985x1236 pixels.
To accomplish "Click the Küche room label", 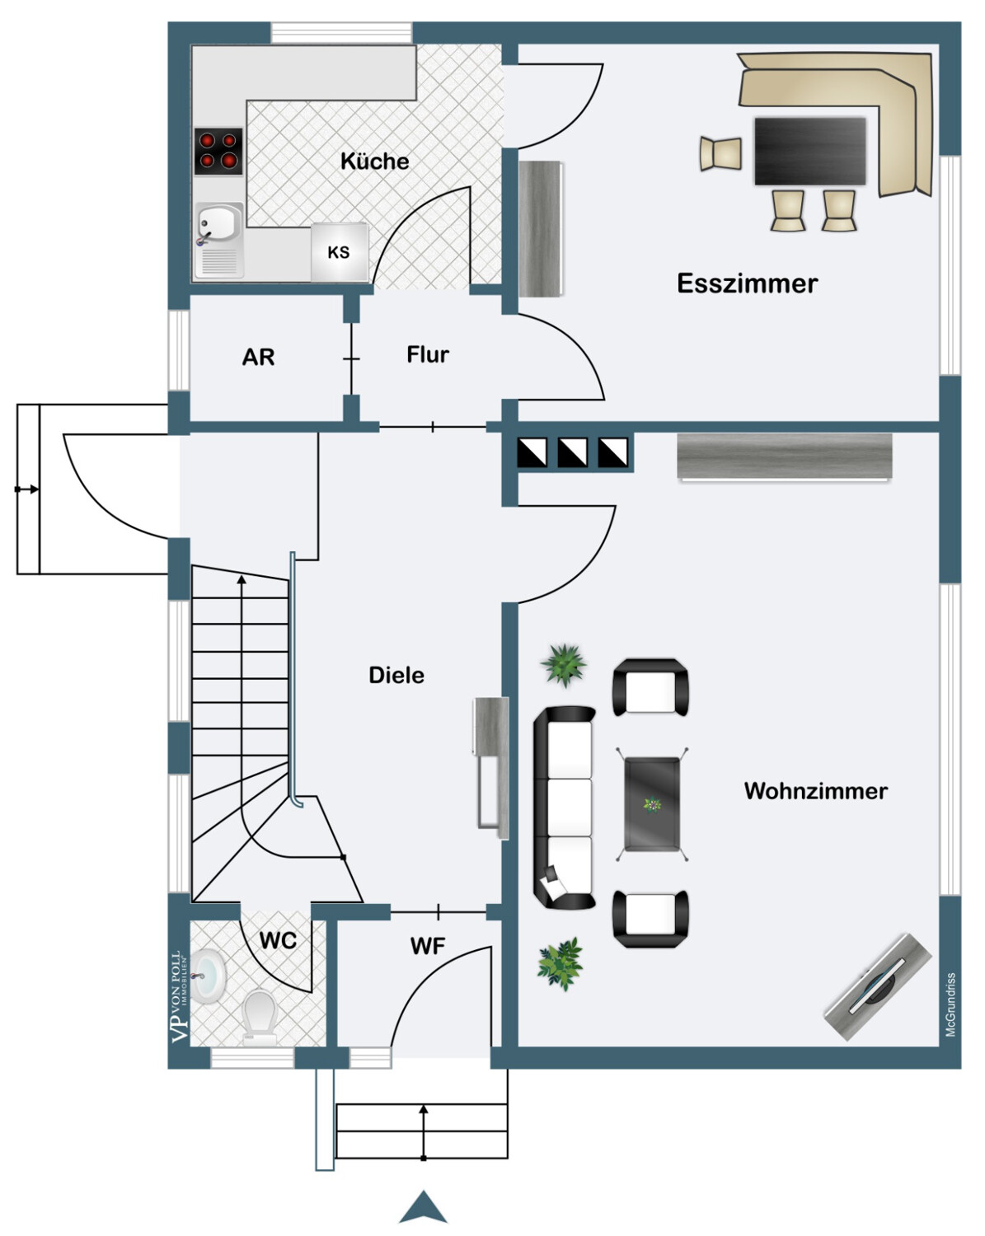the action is (375, 161).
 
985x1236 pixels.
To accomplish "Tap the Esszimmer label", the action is (747, 283).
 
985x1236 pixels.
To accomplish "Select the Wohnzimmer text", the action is (815, 791).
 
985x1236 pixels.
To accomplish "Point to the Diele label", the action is (396, 675).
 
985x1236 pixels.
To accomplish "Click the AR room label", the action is (258, 357).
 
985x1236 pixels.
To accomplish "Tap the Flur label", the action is (428, 354).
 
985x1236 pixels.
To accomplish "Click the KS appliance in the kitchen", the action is (339, 251).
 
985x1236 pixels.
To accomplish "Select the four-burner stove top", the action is (218, 151).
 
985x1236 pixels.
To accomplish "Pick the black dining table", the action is (809, 151).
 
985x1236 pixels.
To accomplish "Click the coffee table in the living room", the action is (652, 803).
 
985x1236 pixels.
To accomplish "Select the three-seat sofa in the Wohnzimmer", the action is (565, 808).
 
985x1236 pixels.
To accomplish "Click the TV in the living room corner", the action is (878, 986).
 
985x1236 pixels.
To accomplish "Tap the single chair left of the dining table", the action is (720, 154).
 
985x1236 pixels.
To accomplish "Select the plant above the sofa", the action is (564, 665).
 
